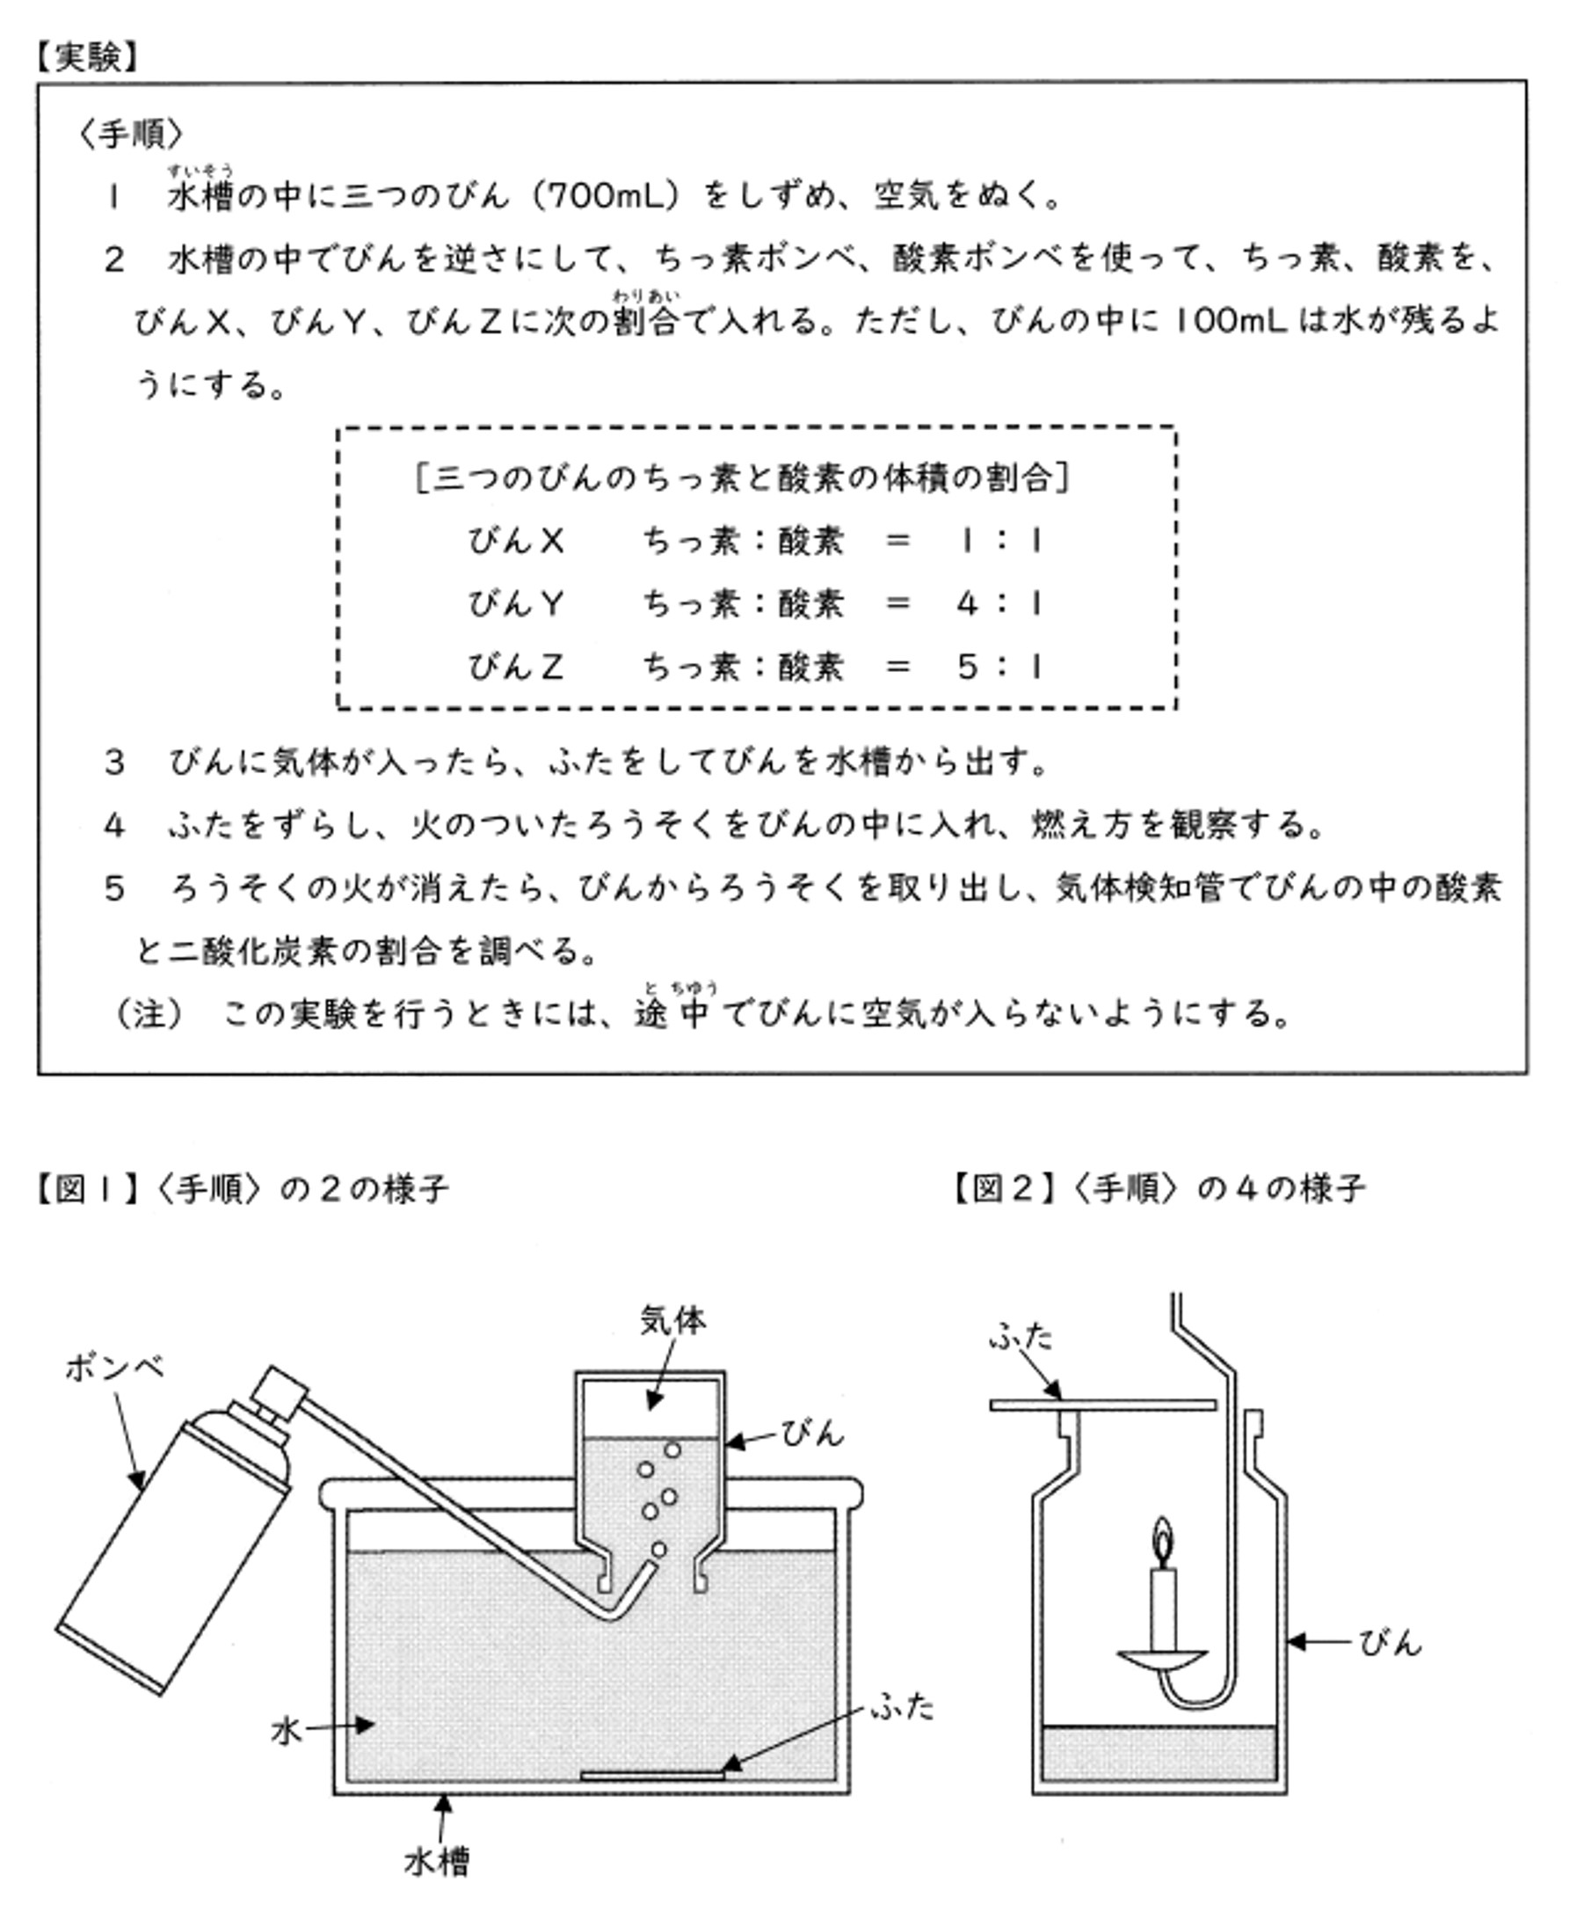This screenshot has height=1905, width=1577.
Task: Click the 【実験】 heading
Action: click(x=87, y=57)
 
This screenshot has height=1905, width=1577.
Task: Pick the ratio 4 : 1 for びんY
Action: click(x=999, y=604)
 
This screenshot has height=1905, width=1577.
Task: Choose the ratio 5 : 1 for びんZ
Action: click(x=999, y=668)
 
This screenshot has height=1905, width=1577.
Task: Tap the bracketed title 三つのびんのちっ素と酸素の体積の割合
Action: click(x=742, y=478)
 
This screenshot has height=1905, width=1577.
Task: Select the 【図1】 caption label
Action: click(x=87, y=1188)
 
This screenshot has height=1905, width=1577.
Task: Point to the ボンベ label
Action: click(x=115, y=1368)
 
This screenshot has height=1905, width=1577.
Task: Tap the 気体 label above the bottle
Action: click(x=672, y=1321)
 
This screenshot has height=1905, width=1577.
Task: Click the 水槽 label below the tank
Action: click(x=437, y=1864)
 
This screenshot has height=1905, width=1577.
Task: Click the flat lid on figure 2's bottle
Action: click(x=1102, y=1405)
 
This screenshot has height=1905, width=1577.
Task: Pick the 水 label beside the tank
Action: click(x=286, y=1733)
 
